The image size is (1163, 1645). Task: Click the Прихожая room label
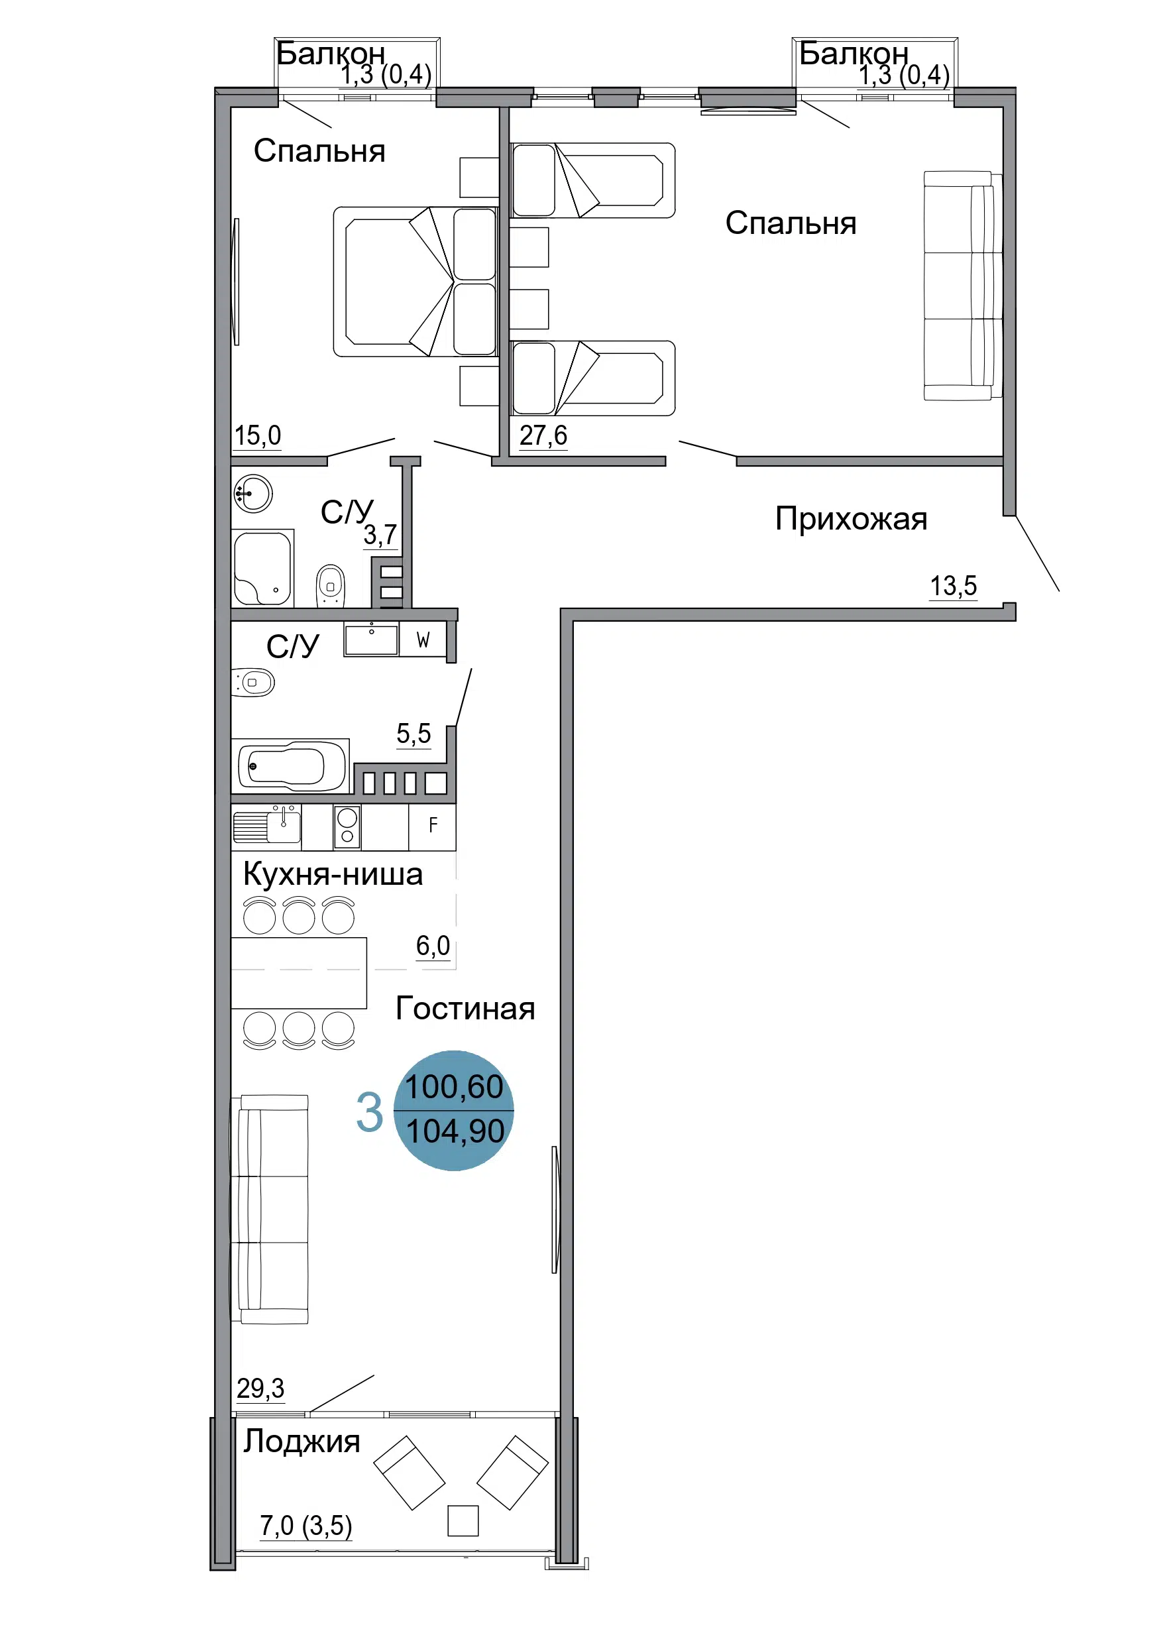(x=852, y=520)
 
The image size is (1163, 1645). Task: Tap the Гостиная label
(x=466, y=1009)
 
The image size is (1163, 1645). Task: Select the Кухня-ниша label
(x=333, y=874)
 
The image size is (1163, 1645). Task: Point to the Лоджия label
(x=302, y=1442)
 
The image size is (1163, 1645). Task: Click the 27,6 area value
(x=543, y=435)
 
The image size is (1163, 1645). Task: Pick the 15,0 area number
(x=258, y=435)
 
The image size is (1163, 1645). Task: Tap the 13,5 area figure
(x=953, y=586)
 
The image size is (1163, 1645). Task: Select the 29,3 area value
(x=261, y=1389)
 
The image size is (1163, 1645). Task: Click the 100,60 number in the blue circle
(x=455, y=1087)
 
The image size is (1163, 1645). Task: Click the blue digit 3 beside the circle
(x=370, y=1113)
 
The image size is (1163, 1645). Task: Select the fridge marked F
(x=432, y=826)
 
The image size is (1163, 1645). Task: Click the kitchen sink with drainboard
(x=266, y=824)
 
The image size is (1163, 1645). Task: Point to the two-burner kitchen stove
(x=347, y=826)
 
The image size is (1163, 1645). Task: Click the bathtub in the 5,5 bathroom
(x=290, y=766)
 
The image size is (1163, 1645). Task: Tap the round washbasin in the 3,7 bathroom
(x=253, y=494)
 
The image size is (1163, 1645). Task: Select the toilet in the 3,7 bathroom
(x=330, y=585)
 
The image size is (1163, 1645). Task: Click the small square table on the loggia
(x=463, y=1520)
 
